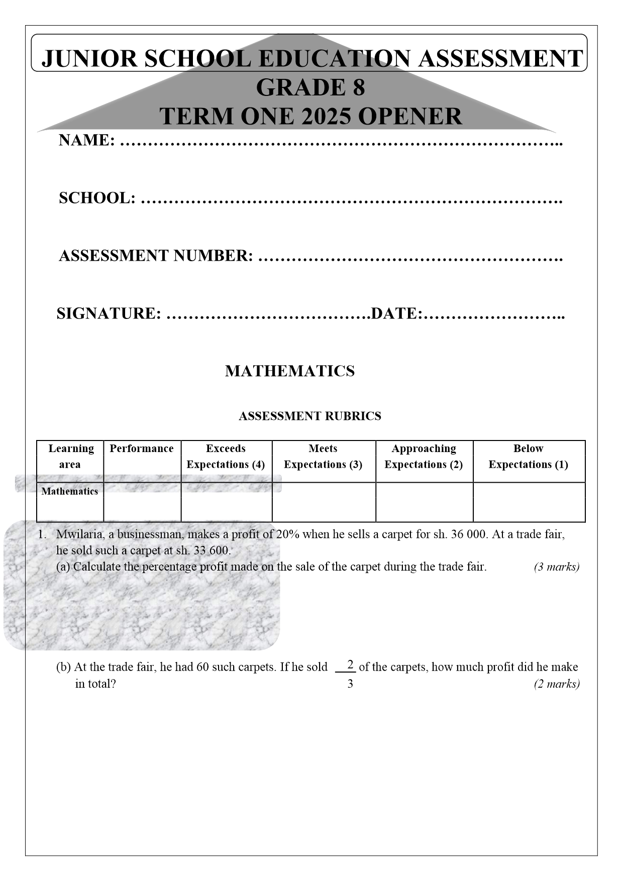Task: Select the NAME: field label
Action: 87,140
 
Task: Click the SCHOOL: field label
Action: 97,198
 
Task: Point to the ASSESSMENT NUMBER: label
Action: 156,256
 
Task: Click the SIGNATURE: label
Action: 109,313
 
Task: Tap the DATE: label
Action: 396,313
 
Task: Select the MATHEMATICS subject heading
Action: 290,371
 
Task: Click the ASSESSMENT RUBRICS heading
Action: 309,416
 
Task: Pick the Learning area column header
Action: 70,456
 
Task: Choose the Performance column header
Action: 142,449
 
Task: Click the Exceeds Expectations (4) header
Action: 226,456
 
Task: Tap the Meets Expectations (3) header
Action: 323,456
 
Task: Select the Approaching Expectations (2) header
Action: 424,456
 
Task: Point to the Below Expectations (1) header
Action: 528,456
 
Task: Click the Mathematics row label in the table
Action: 70,491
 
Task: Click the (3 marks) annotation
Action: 556,567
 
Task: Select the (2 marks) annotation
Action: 556,684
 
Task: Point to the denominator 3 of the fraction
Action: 350,684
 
